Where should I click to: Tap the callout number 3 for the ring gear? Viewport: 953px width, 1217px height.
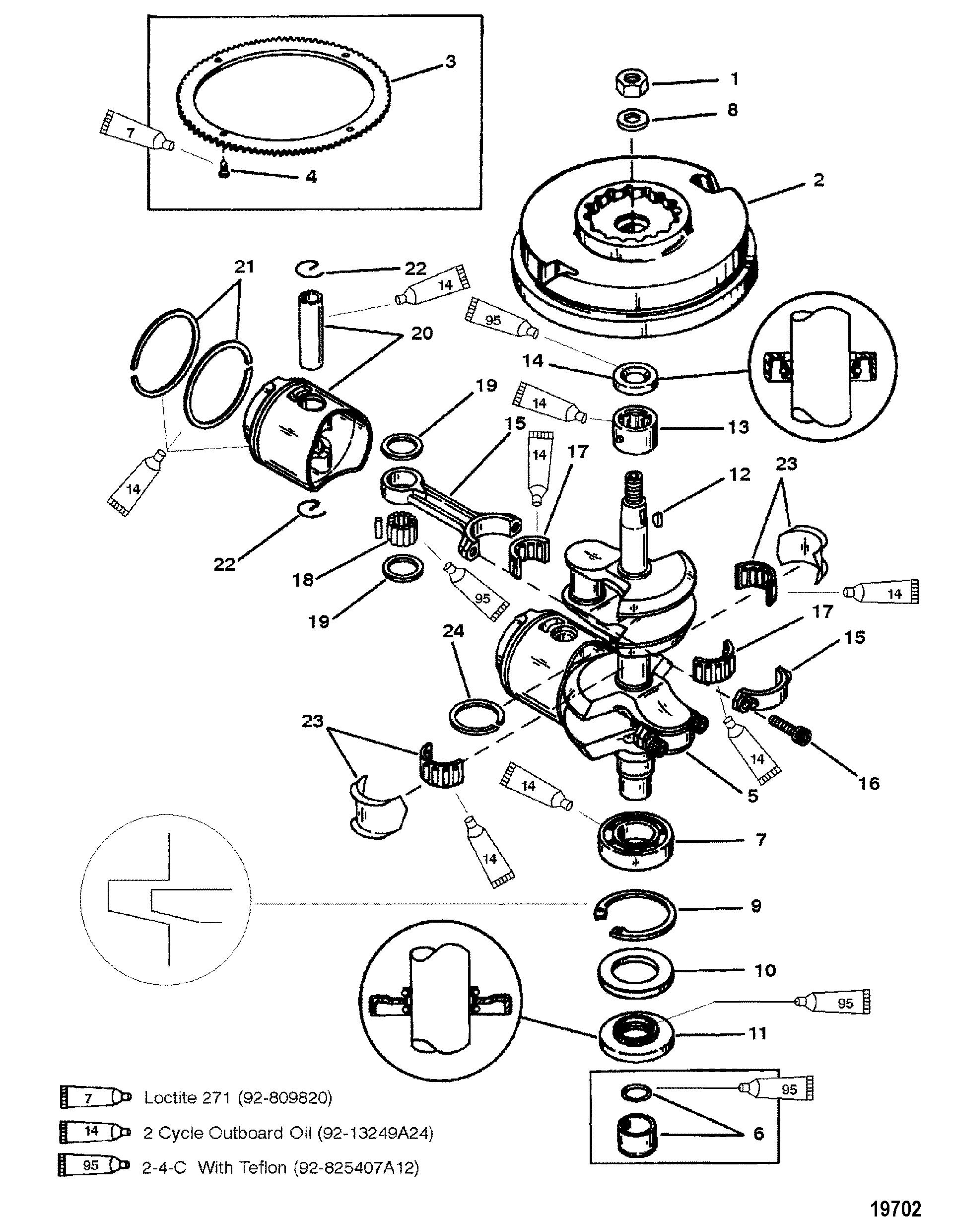click(450, 62)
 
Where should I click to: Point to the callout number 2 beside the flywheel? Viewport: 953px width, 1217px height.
click(818, 180)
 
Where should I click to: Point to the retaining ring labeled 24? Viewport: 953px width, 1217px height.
click(476, 716)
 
